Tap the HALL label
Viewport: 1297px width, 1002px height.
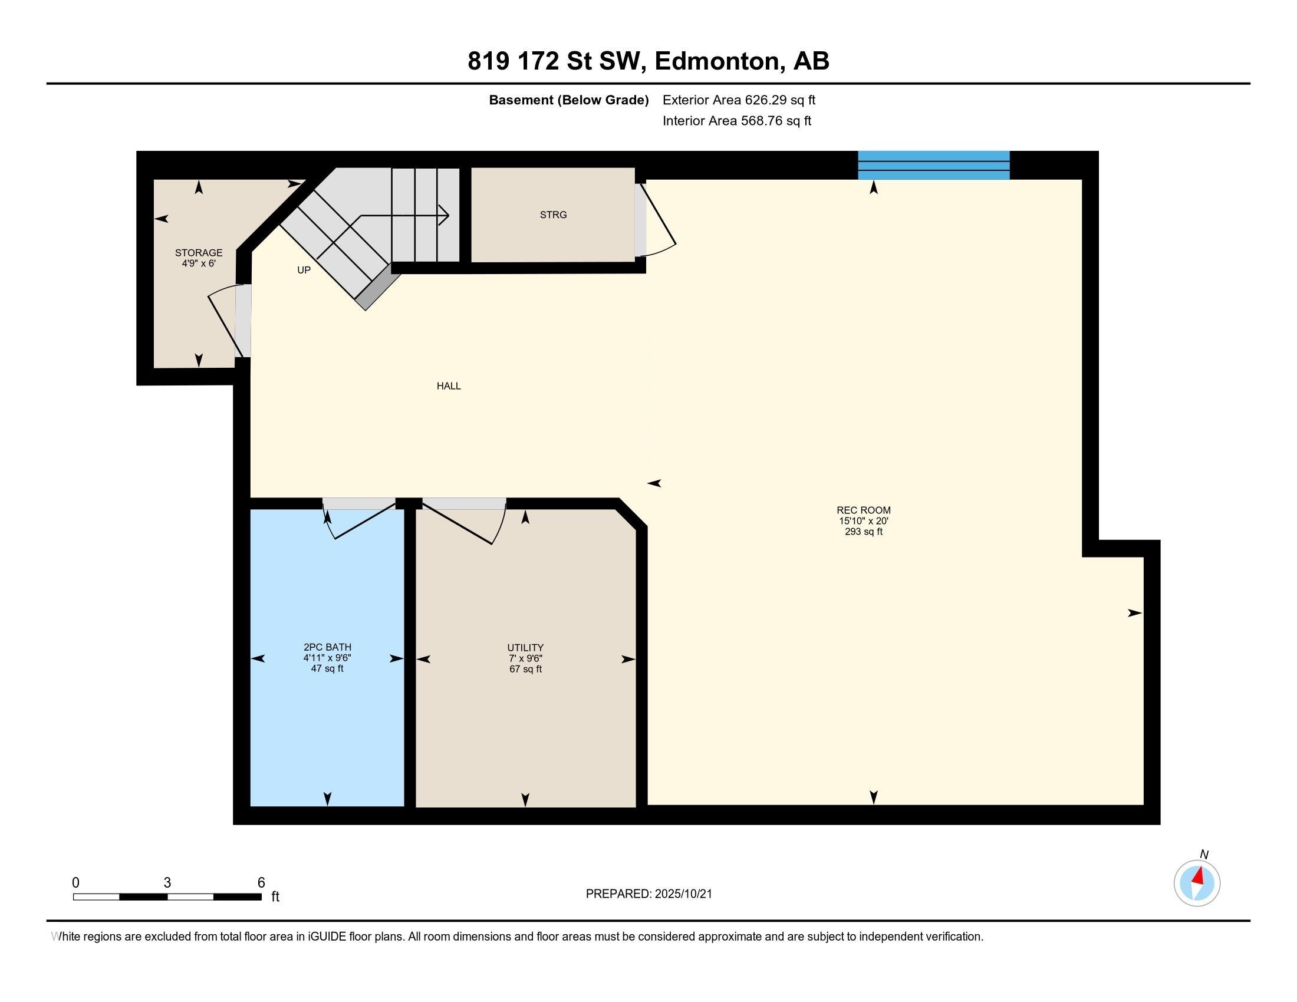point(449,386)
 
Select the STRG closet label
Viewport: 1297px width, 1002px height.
point(553,215)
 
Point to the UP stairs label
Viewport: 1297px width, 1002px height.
point(304,270)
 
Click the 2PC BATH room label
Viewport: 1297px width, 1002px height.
point(327,658)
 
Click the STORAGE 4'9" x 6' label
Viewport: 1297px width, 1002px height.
point(198,258)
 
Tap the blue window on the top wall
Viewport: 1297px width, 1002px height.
point(934,165)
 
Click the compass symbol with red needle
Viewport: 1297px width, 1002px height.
point(1197,883)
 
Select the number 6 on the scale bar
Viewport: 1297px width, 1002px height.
point(261,882)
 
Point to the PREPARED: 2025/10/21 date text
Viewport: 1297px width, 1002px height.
point(648,894)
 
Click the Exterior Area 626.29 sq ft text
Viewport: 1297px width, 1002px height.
point(739,100)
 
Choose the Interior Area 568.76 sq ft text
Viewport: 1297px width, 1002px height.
point(736,120)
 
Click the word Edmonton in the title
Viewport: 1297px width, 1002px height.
point(718,61)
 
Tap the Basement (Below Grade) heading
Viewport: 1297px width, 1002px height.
point(568,100)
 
